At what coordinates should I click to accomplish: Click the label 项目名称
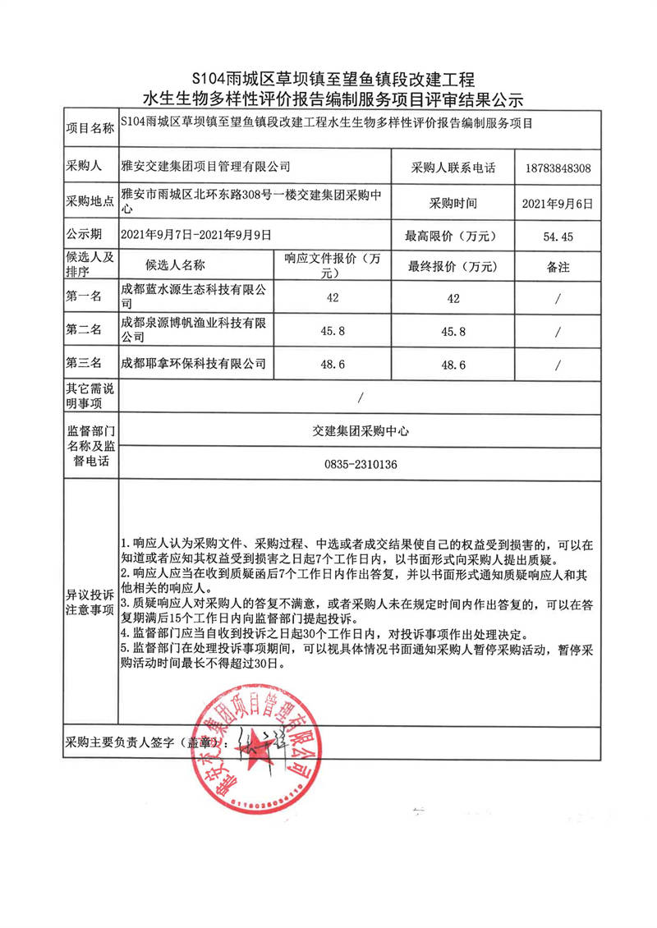(x=90, y=129)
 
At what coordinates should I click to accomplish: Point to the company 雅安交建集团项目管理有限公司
(x=205, y=167)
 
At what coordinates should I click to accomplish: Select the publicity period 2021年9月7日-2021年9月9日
(x=195, y=235)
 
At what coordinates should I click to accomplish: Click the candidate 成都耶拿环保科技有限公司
(x=194, y=362)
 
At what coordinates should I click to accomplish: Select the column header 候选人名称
(x=175, y=265)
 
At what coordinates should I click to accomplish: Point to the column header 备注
(x=558, y=267)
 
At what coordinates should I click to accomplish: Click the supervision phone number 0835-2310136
(x=361, y=465)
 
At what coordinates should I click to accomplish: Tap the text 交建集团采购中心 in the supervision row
(x=361, y=430)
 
